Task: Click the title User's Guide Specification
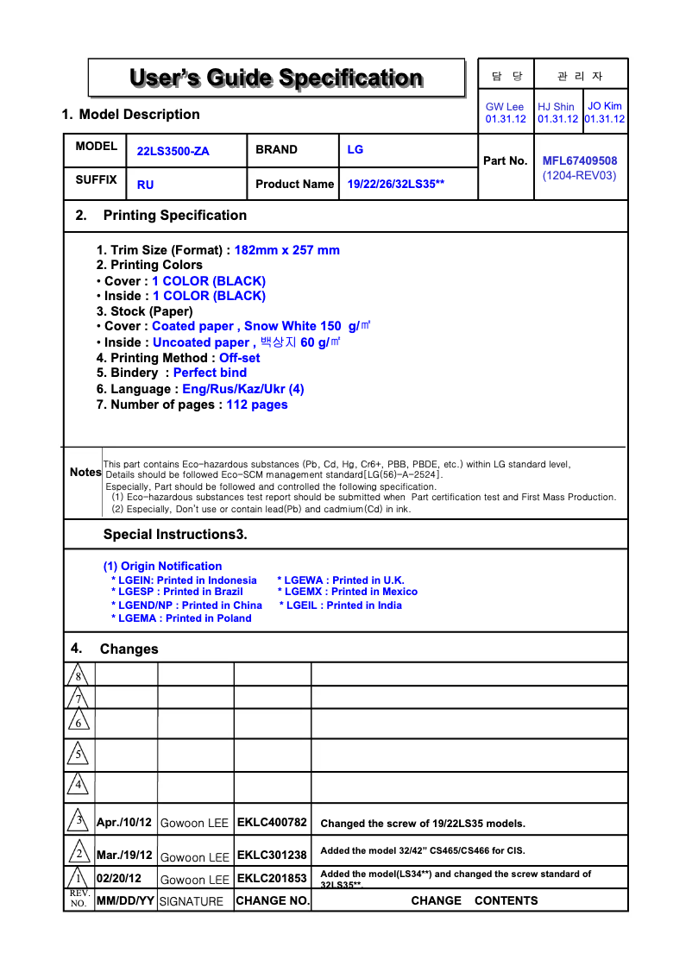click(276, 78)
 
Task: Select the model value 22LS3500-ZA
click(173, 151)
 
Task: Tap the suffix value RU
click(146, 185)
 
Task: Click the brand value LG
click(355, 149)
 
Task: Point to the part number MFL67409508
click(580, 160)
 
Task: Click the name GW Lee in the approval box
click(505, 107)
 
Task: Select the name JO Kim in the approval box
click(605, 106)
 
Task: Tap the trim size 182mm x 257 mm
click(287, 250)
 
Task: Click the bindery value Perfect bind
click(210, 373)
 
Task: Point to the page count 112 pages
click(257, 404)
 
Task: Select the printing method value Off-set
click(240, 358)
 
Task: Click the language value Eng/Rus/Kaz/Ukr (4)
click(243, 389)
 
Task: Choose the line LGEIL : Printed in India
click(343, 605)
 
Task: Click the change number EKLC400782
click(272, 822)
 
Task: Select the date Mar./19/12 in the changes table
click(124, 855)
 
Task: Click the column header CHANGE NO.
click(272, 900)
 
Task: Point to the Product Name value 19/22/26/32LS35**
click(396, 184)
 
